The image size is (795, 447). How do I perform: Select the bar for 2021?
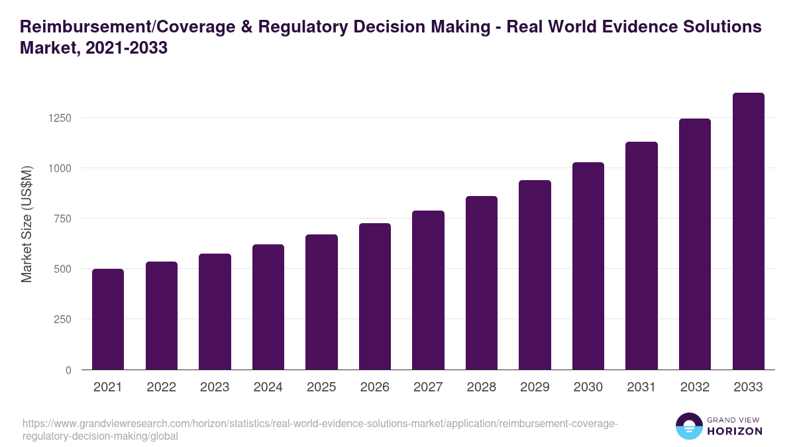point(108,319)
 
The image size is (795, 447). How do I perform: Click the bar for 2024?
point(268,307)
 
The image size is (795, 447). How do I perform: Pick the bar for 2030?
point(588,266)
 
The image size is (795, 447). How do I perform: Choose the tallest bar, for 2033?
point(748,231)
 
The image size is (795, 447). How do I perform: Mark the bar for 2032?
point(695,244)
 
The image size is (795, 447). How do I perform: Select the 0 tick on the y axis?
point(68,370)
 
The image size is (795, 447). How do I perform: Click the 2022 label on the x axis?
point(162,387)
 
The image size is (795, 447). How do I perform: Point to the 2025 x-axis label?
point(321,387)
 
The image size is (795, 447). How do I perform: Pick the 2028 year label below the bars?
point(482,387)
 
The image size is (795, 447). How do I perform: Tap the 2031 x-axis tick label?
point(641,387)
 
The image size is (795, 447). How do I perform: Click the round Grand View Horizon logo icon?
point(689,426)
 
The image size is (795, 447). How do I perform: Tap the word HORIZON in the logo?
point(735,431)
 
